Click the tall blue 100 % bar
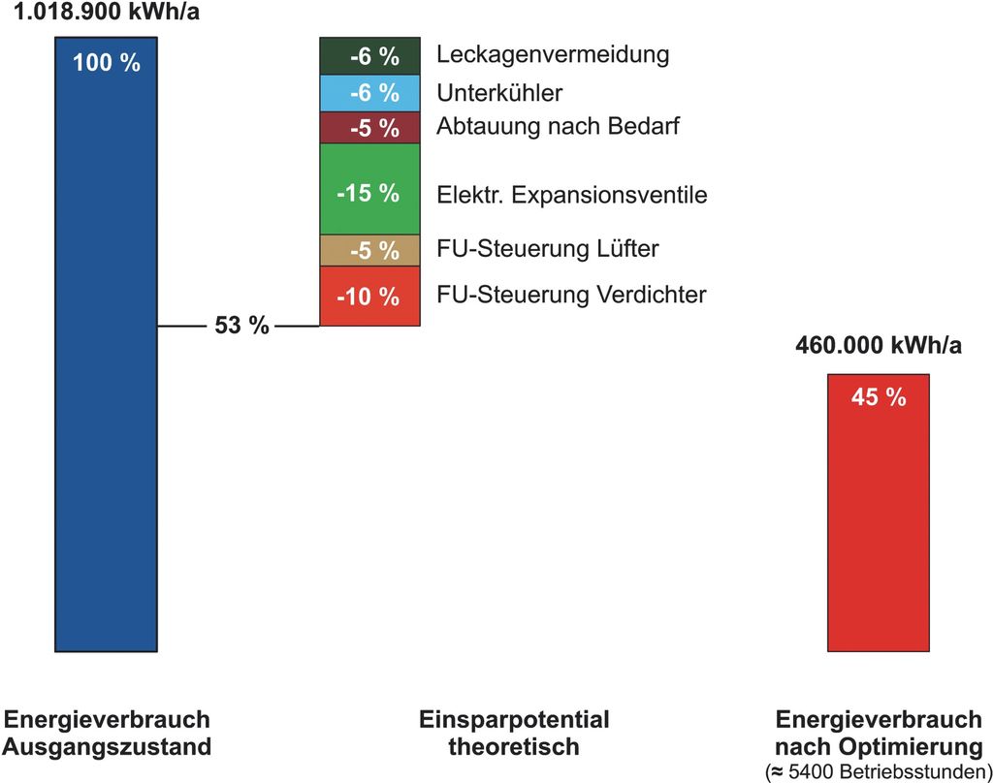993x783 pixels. pyautogui.click(x=106, y=349)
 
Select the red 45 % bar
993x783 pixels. pyautogui.click(x=878, y=514)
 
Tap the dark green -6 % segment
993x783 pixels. pyautogui.click(x=369, y=56)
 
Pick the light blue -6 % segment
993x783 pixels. pyautogui.click(x=369, y=93)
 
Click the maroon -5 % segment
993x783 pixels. pyautogui.click(x=369, y=128)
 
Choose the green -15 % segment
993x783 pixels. pyautogui.click(x=369, y=192)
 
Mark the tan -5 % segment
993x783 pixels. pyautogui.click(x=369, y=250)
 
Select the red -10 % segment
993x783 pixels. pyautogui.click(x=369, y=296)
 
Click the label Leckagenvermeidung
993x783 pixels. pyautogui.click(x=553, y=54)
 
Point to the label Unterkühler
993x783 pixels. pyautogui.click(x=499, y=94)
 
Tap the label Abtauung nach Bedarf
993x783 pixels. pyautogui.click(x=558, y=127)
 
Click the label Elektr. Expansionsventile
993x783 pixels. pyautogui.click(x=572, y=195)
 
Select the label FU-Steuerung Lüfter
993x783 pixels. pyautogui.click(x=548, y=249)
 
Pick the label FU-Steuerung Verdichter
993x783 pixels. pyautogui.click(x=572, y=295)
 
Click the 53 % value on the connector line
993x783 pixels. pyautogui.click(x=241, y=326)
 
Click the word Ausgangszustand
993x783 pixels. pyautogui.click(x=108, y=747)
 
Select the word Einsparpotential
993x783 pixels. pyautogui.click(x=514, y=720)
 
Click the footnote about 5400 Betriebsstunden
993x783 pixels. pyautogui.click(x=879, y=772)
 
